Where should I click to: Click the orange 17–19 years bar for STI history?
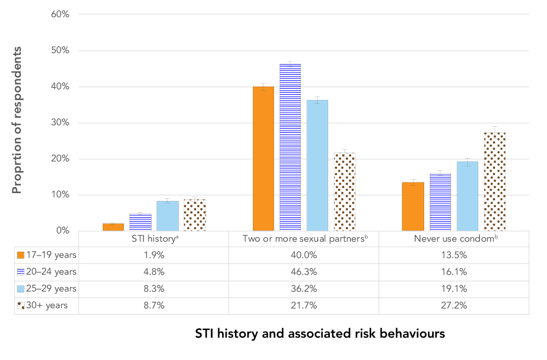pyautogui.click(x=113, y=227)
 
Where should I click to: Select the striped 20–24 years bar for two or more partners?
pyautogui.click(x=290, y=147)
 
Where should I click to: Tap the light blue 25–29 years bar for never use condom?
pyautogui.click(x=467, y=196)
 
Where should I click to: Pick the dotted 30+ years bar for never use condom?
pyautogui.click(x=495, y=181)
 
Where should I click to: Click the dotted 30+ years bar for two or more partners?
pyautogui.click(x=344, y=191)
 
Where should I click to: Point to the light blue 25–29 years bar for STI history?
pyautogui.click(x=167, y=216)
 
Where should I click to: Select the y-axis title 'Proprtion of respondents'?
pyautogui.click(x=17, y=120)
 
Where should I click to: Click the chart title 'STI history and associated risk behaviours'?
pyautogui.click(x=320, y=334)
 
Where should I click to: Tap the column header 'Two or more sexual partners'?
pyautogui.click(x=304, y=239)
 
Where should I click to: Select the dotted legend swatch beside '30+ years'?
pyautogui.click(x=21, y=306)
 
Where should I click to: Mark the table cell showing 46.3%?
pyautogui.click(x=304, y=272)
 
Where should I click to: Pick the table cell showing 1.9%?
pyautogui.click(x=153, y=255)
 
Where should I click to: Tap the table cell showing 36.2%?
pyautogui.click(x=304, y=289)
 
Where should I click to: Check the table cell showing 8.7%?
pyautogui.click(x=153, y=306)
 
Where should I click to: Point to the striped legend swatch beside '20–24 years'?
pyautogui.click(x=21, y=272)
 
